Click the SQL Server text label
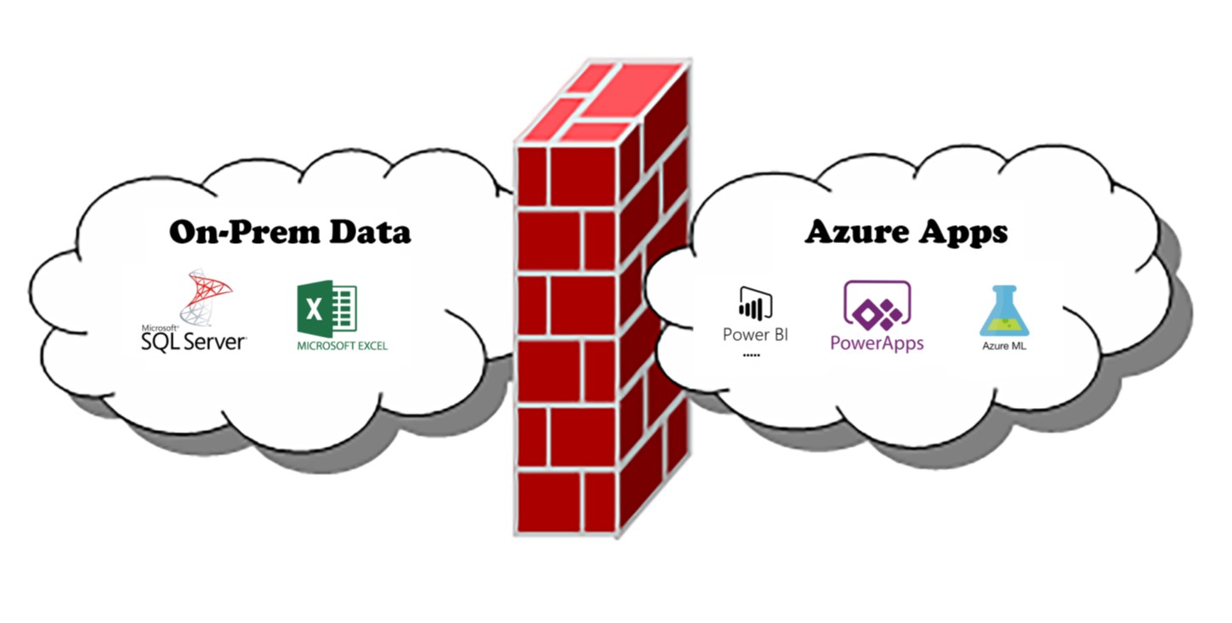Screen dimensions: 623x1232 pyautogui.click(x=195, y=341)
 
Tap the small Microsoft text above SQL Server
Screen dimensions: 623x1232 pyautogui.click(x=160, y=327)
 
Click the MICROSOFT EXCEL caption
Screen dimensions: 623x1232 pyautogui.click(x=342, y=346)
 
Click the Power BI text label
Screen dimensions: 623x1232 pyautogui.click(x=755, y=335)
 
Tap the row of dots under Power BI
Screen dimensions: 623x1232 pyautogui.click(x=752, y=354)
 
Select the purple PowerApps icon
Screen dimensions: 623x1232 pyautogui.click(x=877, y=306)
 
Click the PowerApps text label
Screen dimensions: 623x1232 pyautogui.click(x=877, y=343)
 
